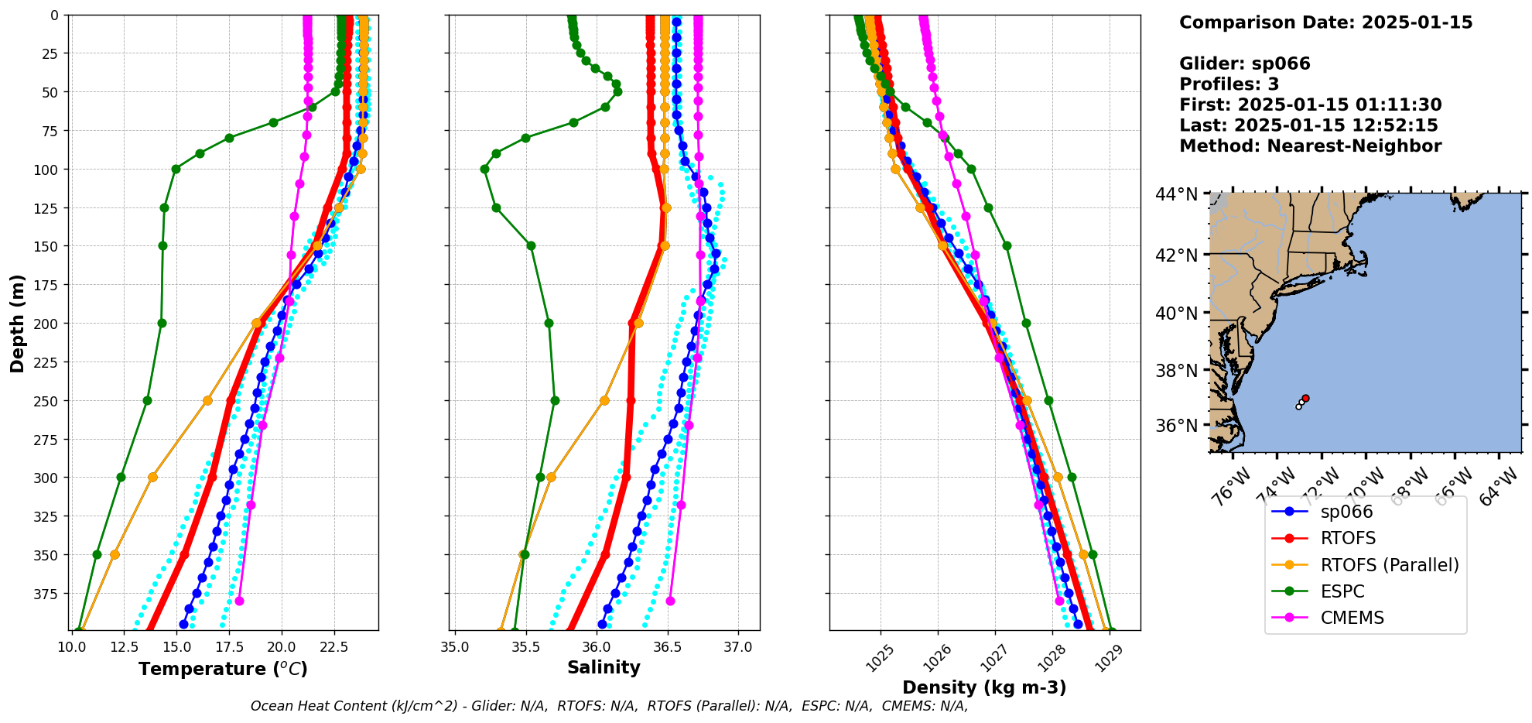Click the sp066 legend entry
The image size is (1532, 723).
pyautogui.click(x=1346, y=512)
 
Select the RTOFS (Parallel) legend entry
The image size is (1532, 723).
pyautogui.click(x=1389, y=565)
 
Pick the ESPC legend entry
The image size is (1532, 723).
pyautogui.click(x=1342, y=591)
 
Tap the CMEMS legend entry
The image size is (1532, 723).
pyautogui.click(x=1352, y=618)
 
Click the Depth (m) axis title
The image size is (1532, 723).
pyautogui.click(x=18, y=323)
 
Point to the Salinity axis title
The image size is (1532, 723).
pyautogui.click(x=604, y=668)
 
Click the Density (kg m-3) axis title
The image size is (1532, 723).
pyautogui.click(x=984, y=687)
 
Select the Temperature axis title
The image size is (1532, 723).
pyautogui.click(x=223, y=669)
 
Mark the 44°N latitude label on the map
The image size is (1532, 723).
pyautogui.click(x=1176, y=194)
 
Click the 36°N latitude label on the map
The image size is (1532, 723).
pyautogui.click(x=1176, y=426)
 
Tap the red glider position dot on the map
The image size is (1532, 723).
pyautogui.click(x=1305, y=398)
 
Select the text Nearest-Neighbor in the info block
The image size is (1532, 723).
pyautogui.click(x=1354, y=146)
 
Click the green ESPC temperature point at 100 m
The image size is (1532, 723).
pyautogui.click(x=176, y=169)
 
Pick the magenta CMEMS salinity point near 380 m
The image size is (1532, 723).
pyautogui.click(x=670, y=601)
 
